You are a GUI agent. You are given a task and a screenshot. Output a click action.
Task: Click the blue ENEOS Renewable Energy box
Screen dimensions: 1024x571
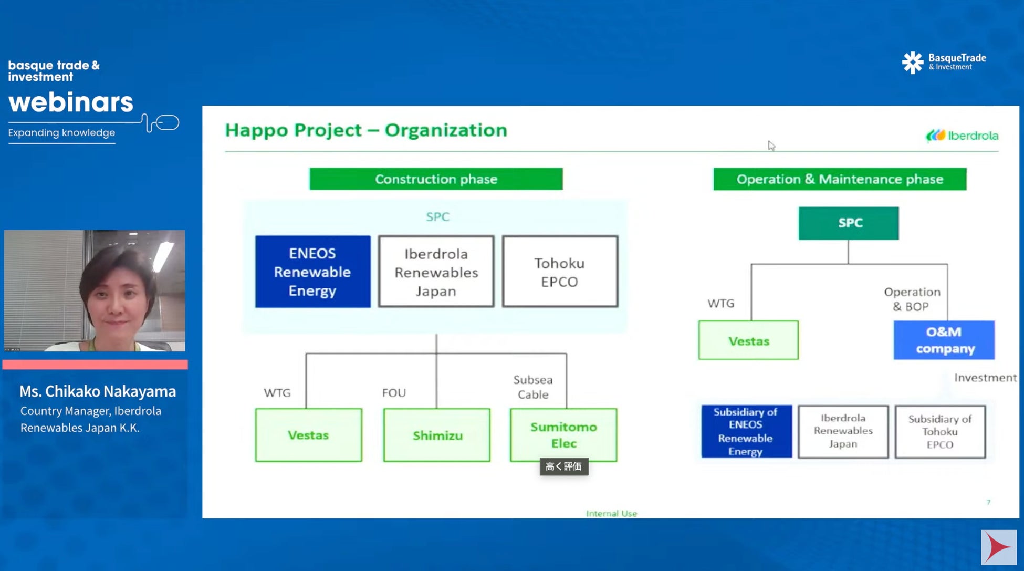click(x=312, y=272)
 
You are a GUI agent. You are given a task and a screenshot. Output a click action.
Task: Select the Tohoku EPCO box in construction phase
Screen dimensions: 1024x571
click(x=560, y=272)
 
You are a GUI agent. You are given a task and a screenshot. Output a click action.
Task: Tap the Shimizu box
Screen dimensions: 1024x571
click(x=437, y=435)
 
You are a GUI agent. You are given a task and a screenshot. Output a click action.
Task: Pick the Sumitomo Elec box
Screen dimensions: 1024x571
click(x=563, y=435)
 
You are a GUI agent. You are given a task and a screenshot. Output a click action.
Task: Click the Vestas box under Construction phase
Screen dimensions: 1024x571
click(x=308, y=435)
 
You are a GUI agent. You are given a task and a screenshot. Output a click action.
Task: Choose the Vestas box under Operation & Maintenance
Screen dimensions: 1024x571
click(x=748, y=341)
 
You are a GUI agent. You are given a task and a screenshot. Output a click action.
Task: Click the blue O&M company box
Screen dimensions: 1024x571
click(x=944, y=340)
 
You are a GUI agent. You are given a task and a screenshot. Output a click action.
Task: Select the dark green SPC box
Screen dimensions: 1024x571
click(x=849, y=223)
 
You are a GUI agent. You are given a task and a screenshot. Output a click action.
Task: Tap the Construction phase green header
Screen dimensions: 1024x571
click(x=436, y=179)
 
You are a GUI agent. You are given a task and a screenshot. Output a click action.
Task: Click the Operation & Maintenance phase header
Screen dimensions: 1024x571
click(x=840, y=179)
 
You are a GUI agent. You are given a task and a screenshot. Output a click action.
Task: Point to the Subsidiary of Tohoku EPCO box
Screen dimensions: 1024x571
click(x=940, y=432)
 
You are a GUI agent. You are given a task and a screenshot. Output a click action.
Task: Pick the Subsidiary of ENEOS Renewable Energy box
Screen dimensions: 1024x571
click(x=746, y=432)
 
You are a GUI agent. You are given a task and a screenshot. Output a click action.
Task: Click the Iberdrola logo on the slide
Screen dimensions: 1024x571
click(x=962, y=136)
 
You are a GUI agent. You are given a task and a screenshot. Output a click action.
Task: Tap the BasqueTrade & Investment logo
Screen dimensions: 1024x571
click(x=944, y=62)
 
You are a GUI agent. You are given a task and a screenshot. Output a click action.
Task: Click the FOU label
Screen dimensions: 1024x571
click(x=394, y=393)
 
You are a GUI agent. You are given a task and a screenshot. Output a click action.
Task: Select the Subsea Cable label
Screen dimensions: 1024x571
click(x=533, y=387)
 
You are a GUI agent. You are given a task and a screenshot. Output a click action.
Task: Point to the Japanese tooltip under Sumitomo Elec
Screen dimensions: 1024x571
click(x=563, y=466)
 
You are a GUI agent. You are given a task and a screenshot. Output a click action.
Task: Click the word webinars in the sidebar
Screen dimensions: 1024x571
click(x=71, y=102)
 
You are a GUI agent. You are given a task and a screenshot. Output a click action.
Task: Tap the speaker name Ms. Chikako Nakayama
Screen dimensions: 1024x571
click(x=98, y=391)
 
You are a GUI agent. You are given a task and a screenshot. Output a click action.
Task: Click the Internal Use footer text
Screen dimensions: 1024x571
click(x=611, y=513)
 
